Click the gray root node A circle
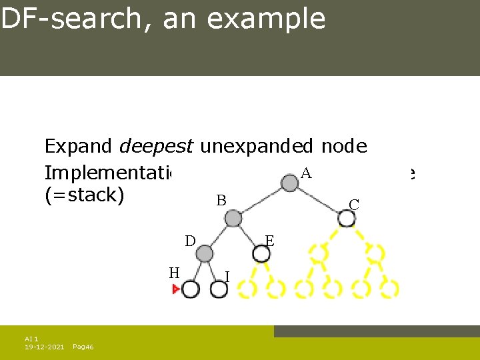tap(289, 183)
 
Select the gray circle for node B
tap(233, 218)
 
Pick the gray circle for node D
tap(205, 253)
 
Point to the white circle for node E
tap(261, 253)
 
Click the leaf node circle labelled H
tap(191, 289)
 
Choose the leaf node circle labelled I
tap(219, 289)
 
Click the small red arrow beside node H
tap(177, 289)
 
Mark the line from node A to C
tap(318, 200)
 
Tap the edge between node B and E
tap(247, 236)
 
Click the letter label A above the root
tap(306, 173)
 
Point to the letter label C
tap(354, 205)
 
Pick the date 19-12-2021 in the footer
tap(45, 347)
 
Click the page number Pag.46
tap(83, 347)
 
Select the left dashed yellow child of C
tap(319, 253)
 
